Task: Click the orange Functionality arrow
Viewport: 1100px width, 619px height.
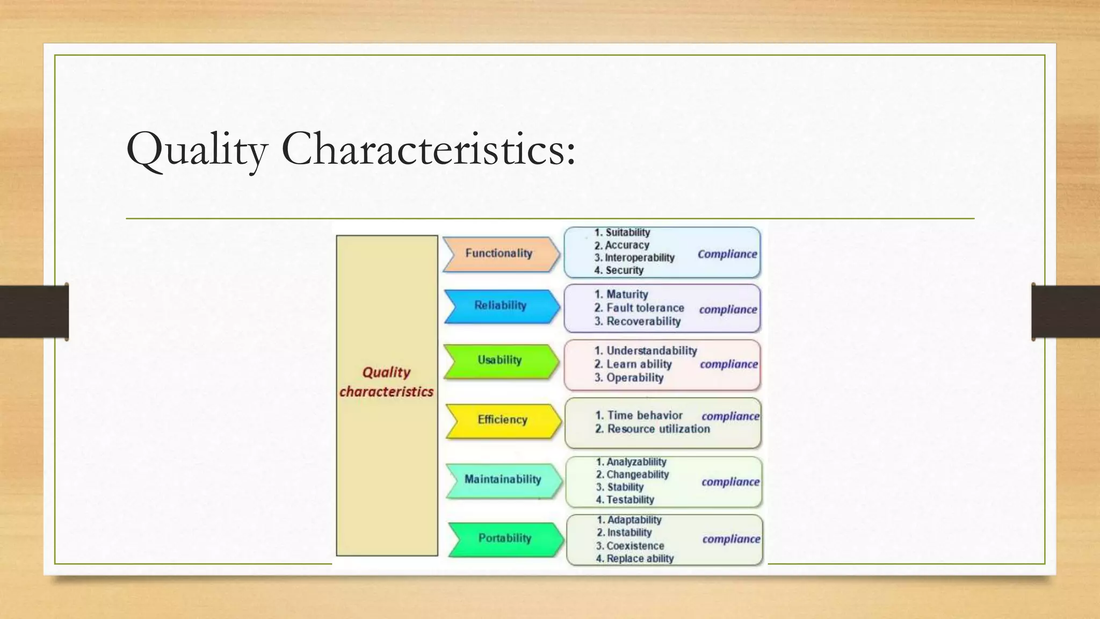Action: pyautogui.click(x=500, y=254)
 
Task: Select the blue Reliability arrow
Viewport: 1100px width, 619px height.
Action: pyautogui.click(x=501, y=306)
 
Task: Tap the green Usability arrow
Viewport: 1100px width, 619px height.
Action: pyautogui.click(x=500, y=360)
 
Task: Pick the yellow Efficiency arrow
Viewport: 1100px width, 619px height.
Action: pyautogui.click(x=503, y=420)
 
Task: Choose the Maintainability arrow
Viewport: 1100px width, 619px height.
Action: pyautogui.click(x=503, y=479)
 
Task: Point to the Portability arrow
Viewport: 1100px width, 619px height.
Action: pyautogui.click(x=505, y=538)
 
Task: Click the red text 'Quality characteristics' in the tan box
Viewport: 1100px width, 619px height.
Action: pyautogui.click(x=387, y=382)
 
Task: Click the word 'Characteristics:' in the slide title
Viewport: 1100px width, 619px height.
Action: pyautogui.click(x=428, y=149)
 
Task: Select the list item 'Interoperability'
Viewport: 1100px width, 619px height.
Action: pyautogui.click(x=639, y=258)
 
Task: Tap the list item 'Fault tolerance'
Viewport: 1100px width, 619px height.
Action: pyautogui.click(x=645, y=308)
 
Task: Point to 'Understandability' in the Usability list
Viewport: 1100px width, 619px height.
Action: pyautogui.click(x=652, y=351)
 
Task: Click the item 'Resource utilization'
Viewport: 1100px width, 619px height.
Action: pyautogui.click(x=658, y=429)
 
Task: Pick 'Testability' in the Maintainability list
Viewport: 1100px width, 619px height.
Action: pyautogui.click(x=630, y=500)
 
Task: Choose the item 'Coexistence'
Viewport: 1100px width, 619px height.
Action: pyautogui.click(x=635, y=546)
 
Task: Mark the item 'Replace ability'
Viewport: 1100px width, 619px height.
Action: pyautogui.click(x=640, y=559)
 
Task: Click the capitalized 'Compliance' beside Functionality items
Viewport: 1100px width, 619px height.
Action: pyautogui.click(x=727, y=254)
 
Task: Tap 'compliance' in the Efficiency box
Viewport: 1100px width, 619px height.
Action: pyautogui.click(x=730, y=416)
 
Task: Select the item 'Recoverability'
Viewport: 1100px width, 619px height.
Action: pyautogui.click(x=643, y=321)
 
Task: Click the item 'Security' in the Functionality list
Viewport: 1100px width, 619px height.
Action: pyautogui.click(x=624, y=270)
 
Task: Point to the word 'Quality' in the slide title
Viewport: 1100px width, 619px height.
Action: pyautogui.click(x=197, y=149)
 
